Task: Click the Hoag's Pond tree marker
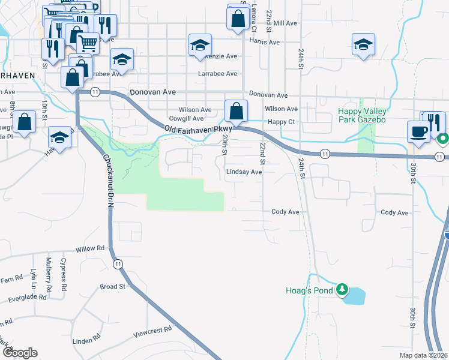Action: [x=342, y=290]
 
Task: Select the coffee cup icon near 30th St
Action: [x=418, y=131]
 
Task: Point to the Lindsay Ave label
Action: [x=244, y=172]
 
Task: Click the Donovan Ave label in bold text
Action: [x=152, y=92]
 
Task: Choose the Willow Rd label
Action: [x=90, y=248]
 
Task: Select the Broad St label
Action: [x=112, y=287]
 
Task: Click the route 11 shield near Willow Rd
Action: [x=118, y=263]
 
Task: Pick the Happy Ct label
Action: [x=281, y=122]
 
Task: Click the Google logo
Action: [x=19, y=353]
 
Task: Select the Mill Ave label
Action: [x=285, y=23]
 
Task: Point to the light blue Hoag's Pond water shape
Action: [x=355, y=295]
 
